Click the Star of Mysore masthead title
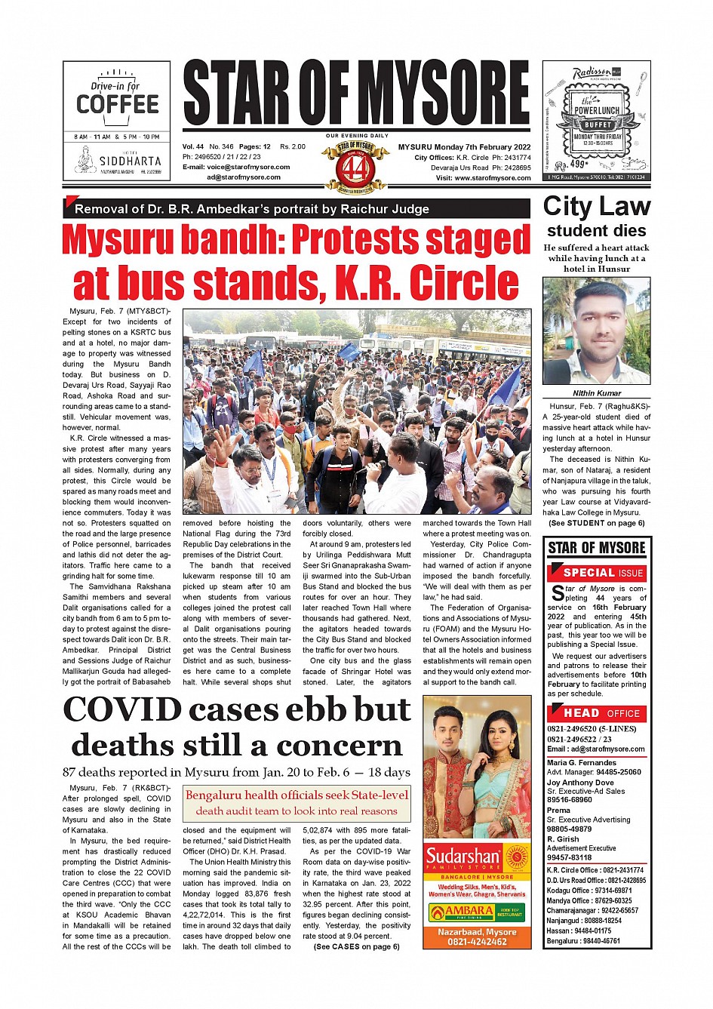(x=356, y=94)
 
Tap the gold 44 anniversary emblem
(x=355, y=166)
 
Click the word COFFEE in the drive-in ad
(x=118, y=104)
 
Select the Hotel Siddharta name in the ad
(x=130, y=161)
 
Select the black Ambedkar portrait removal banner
(x=297, y=209)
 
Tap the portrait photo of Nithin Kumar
(x=596, y=331)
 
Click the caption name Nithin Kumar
(x=596, y=393)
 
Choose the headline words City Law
(x=596, y=207)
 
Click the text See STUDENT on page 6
(x=596, y=523)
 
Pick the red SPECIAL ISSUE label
(x=603, y=573)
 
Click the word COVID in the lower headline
(x=122, y=710)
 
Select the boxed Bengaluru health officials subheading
(x=297, y=803)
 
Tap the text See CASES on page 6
(x=356, y=946)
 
